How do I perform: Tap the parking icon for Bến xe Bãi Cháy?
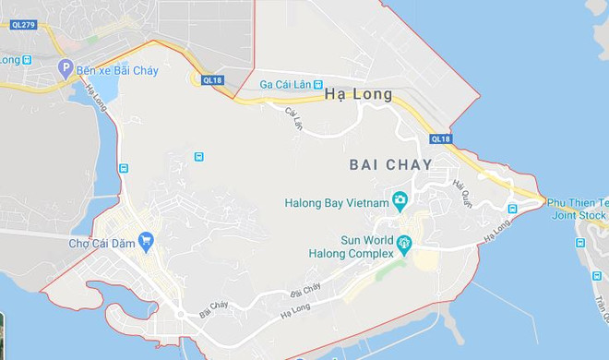coord(65,68)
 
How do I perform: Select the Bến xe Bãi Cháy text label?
coord(117,71)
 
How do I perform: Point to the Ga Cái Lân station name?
coord(284,84)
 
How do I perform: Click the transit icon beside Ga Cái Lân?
coord(318,84)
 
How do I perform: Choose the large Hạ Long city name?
coord(359,94)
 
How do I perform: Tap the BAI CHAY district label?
coord(392,163)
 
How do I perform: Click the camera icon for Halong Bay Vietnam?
coord(400,200)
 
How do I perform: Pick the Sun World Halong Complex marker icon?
coord(404,246)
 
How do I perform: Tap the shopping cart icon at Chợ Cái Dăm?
coord(146,242)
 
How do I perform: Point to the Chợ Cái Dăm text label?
coord(101,244)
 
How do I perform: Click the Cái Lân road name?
coord(294,118)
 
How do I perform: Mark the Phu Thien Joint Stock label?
coord(579,209)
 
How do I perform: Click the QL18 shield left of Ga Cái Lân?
coord(212,80)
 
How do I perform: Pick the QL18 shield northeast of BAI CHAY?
coord(440,139)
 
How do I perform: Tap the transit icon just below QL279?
coord(28,60)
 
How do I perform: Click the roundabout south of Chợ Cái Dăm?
coord(180,314)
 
